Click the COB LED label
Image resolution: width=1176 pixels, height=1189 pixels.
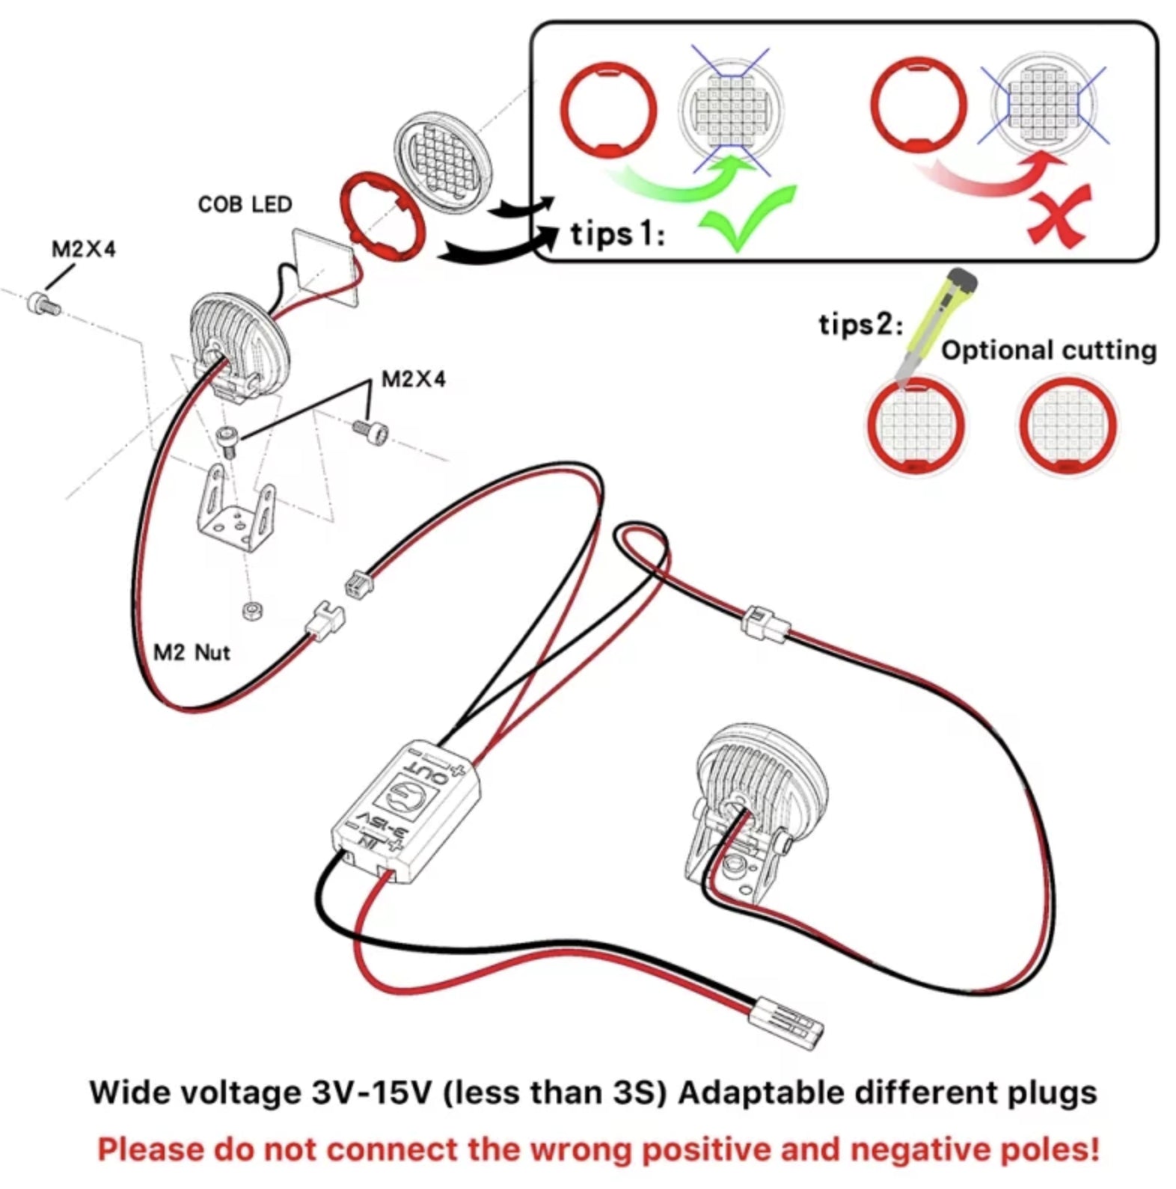point(245,204)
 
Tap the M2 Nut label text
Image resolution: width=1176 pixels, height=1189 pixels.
point(192,653)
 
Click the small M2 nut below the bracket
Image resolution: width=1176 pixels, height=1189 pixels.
point(253,611)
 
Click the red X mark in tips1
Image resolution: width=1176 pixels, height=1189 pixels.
point(1059,217)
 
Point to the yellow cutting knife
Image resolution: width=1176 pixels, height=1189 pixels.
point(938,322)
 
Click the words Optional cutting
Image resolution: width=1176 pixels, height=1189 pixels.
point(1048,350)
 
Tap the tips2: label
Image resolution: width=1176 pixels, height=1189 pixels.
point(860,325)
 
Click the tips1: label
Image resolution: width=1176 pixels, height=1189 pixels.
point(617,235)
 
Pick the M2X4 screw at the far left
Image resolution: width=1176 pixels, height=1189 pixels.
point(42,304)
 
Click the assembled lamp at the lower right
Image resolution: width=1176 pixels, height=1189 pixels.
point(756,808)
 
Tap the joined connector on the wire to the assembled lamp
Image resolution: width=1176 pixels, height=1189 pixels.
point(765,624)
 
